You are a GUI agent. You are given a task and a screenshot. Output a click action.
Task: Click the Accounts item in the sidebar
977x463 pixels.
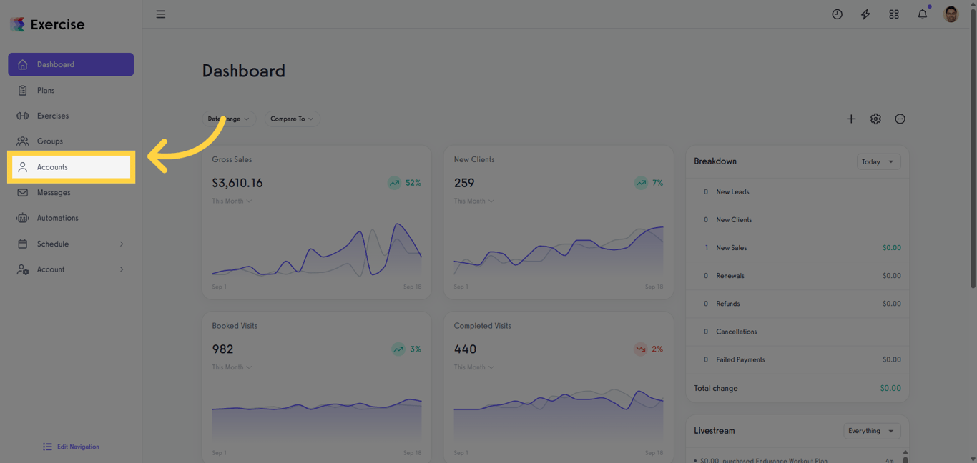click(52, 167)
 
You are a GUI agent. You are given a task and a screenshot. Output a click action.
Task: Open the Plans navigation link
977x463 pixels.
click(46, 91)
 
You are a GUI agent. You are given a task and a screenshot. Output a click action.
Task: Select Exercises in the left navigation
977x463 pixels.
click(53, 116)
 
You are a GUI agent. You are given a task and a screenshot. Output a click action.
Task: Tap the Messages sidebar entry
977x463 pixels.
click(54, 193)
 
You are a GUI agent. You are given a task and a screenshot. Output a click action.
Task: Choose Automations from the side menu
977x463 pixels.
click(57, 218)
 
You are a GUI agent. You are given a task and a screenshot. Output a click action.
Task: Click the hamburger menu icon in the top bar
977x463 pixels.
click(161, 14)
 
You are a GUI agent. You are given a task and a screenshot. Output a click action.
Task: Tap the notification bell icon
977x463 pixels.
click(923, 14)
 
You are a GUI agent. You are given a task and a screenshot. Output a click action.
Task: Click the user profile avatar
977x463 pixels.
click(951, 14)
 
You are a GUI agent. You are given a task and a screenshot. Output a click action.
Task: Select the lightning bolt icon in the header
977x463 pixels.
click(865, 14)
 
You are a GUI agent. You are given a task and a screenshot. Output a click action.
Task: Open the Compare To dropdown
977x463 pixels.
click(292, 119)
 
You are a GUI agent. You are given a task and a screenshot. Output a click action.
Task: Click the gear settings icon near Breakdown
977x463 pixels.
click(875, 119)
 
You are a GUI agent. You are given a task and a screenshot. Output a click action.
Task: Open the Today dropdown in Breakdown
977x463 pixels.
click(878, 162)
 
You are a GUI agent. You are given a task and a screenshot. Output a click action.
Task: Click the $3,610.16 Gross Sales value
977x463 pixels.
click(237, 183)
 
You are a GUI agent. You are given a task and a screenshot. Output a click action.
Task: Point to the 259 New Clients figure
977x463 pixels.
click(464, 183)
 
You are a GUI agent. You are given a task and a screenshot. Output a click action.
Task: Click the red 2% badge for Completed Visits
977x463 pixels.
click(649, 349)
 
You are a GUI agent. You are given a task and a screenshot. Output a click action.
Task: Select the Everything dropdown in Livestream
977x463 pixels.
click(870, 431)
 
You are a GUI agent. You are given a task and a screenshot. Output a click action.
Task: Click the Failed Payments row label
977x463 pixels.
click(740, 359)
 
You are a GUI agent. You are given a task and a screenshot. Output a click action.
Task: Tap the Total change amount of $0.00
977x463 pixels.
click(890, 388)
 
